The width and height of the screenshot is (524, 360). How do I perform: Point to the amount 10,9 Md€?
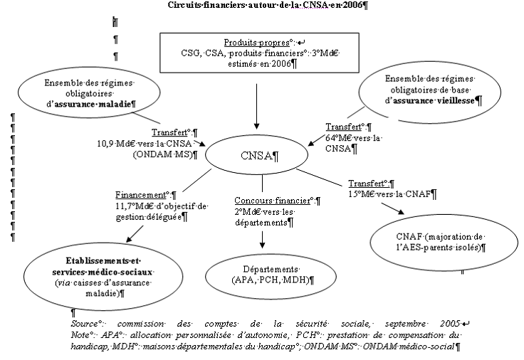point(115,143)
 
